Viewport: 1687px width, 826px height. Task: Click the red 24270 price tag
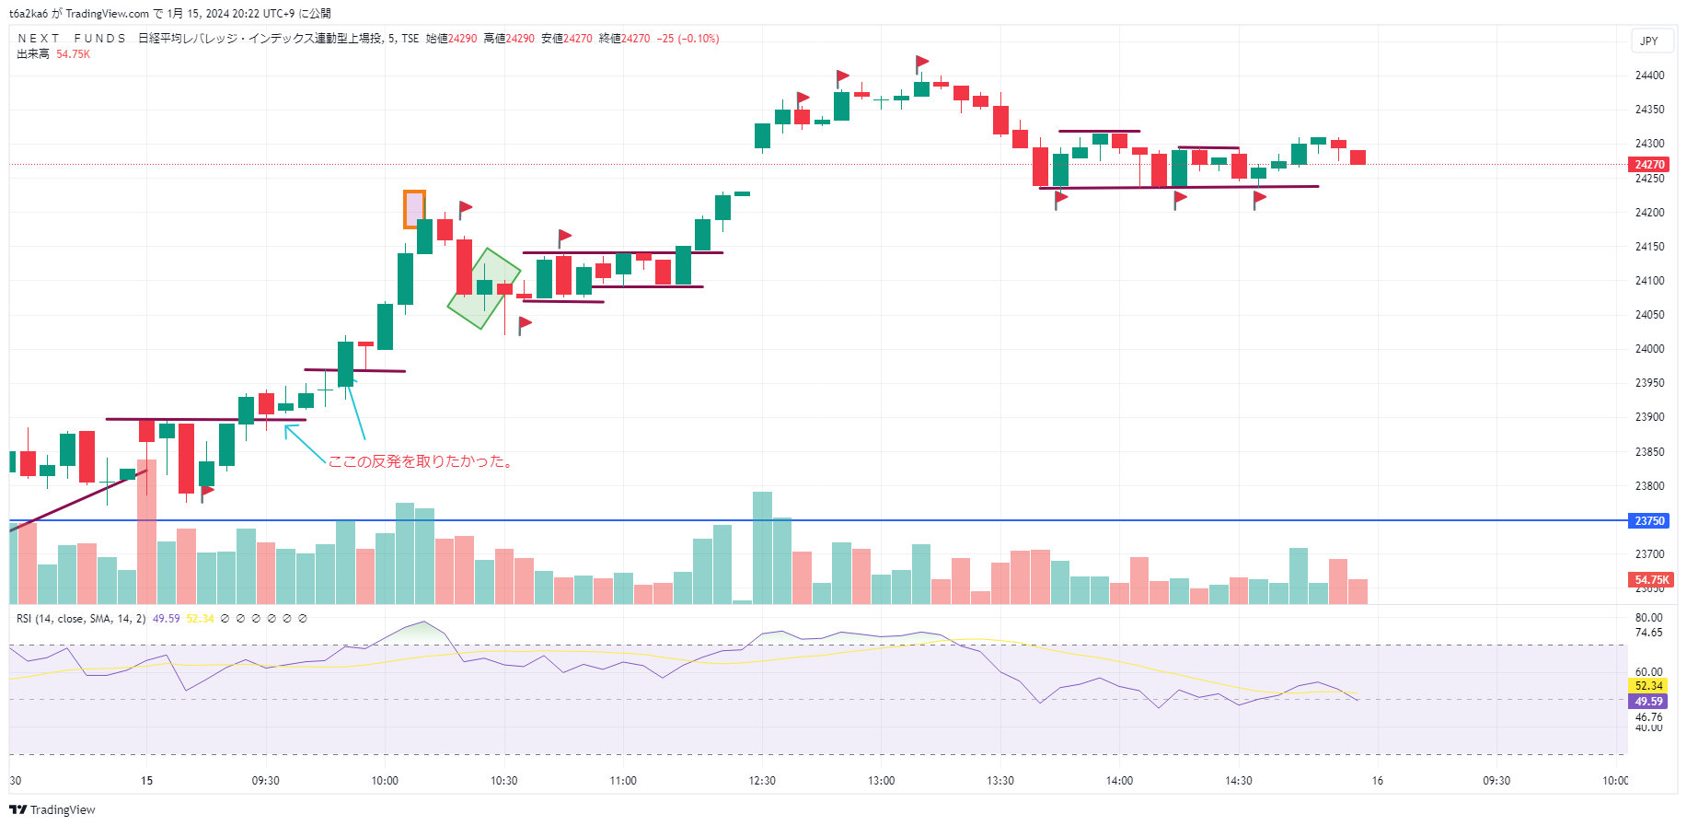1648,165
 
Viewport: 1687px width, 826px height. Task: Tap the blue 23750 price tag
1648,521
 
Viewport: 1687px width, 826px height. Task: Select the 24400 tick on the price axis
1649,76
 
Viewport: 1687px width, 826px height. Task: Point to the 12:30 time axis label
762,781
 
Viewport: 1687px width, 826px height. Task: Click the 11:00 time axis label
623,781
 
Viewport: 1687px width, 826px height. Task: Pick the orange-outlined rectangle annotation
414,209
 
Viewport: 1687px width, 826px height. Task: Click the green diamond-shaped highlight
483,288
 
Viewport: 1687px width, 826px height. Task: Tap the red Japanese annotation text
421,461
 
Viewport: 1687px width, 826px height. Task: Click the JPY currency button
1648,41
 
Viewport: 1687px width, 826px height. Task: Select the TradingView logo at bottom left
52,809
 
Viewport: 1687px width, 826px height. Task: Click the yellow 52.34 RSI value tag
1648,686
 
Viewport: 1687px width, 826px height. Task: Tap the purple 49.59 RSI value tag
1648,702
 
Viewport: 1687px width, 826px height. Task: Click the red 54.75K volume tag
1651,580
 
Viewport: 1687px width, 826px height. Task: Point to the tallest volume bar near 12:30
762,547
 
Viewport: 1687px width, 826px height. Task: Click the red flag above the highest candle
922,63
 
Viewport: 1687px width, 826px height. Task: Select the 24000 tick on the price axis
1649,349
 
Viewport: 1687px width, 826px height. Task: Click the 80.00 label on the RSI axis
1648,618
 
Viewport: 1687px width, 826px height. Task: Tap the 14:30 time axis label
1238,781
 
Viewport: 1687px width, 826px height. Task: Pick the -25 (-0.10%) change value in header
688,39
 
